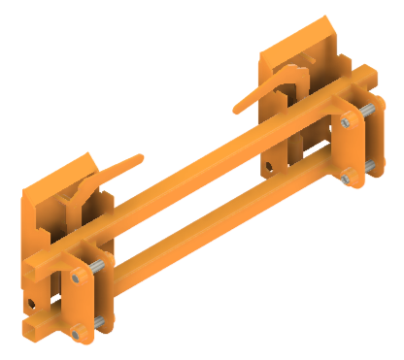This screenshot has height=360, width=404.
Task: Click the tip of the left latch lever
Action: (x=143, y=154)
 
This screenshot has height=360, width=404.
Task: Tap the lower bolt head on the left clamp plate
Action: (x=76, y=333)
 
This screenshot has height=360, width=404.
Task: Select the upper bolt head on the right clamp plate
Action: (x=347, y=121)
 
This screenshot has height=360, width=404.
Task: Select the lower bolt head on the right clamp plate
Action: (x=347, y=175)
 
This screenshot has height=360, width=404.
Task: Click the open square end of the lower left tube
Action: (x=32, y=330)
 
